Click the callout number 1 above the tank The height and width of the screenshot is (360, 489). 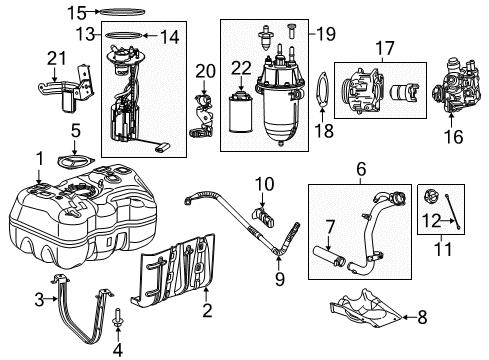coord(40,157)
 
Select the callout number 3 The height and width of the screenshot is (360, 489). coord(40,298)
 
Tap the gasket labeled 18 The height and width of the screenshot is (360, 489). coord(320,99)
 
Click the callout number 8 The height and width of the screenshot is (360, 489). coord(421,318)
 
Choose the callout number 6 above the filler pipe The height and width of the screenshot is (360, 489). coord(359,171)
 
